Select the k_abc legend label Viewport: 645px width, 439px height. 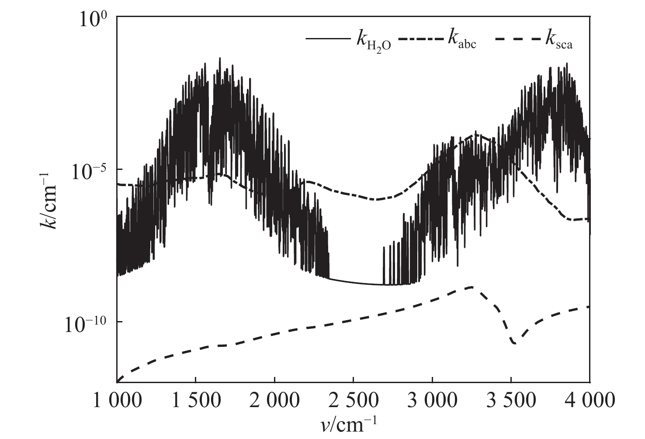click(461, 40)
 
